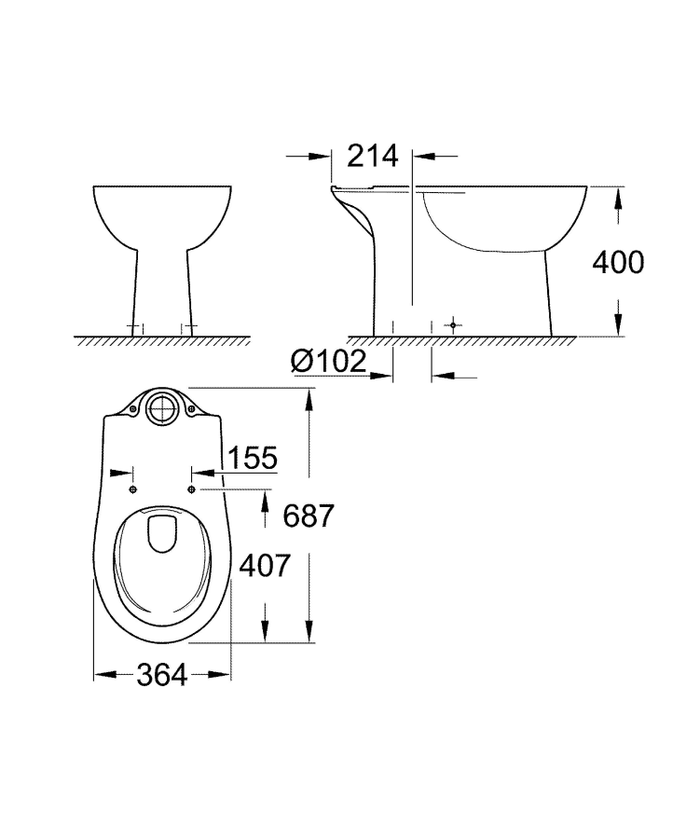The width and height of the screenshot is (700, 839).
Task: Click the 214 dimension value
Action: pos(372,156)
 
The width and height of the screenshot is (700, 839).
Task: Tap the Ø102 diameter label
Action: pos(327,362)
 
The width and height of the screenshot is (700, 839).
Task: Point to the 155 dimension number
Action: pos(253,458)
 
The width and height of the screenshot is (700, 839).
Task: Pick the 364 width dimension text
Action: pos(161,676)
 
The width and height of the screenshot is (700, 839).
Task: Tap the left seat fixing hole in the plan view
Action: pos(133,488)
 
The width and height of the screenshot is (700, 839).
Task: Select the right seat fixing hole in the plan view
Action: pos(193,488)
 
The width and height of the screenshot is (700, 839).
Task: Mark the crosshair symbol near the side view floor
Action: pos(453,324)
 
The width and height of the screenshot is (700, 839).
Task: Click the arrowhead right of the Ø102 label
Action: pos(384,377)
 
